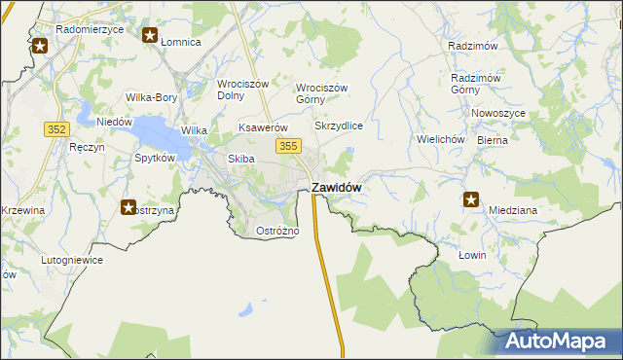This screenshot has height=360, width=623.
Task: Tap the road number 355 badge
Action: [x=287, y=146]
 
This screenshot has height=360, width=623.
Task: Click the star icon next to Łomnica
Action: [x=151, y=36]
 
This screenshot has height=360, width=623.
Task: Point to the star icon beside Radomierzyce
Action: [x=40, y=46]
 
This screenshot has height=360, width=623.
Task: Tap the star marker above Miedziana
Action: [x=471, y=199]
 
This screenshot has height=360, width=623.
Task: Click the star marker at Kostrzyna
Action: [x=128, y=206]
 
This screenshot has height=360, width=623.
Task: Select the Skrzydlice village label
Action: [x=339, y=126]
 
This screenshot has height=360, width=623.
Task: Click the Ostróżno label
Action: [x=276, y=231]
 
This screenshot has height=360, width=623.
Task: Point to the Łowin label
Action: [x=471, y=254]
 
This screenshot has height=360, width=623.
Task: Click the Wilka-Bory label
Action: [x=151, y=97]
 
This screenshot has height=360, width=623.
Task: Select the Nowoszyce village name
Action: [x=498, y=114]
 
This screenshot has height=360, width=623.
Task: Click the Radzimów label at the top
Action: [x=473, y=47]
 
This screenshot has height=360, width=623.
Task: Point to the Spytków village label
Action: [x=155, y=158]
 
